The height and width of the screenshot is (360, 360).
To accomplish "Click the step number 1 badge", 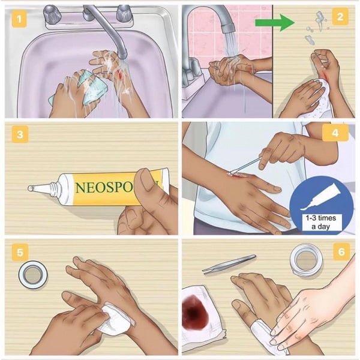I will (x=22, y=19).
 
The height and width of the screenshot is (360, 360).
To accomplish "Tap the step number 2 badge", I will (x=340, y=17).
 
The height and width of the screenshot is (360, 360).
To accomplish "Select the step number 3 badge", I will (x=22, y=134).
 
